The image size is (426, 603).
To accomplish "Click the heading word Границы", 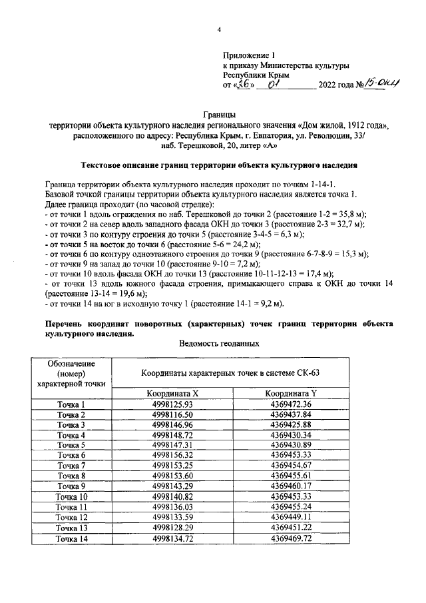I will tap(218, 115).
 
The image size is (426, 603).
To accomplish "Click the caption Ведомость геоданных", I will tap(219, 343).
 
